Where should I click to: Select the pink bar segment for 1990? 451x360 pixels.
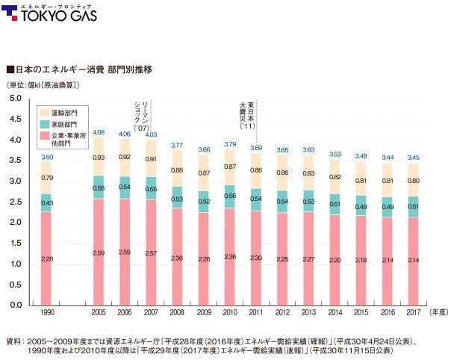click(47, 258)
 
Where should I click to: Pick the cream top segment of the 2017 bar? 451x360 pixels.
click(413, 180)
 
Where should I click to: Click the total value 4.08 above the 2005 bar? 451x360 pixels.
click(99, 132)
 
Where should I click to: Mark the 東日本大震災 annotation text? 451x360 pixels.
click(246, 114)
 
